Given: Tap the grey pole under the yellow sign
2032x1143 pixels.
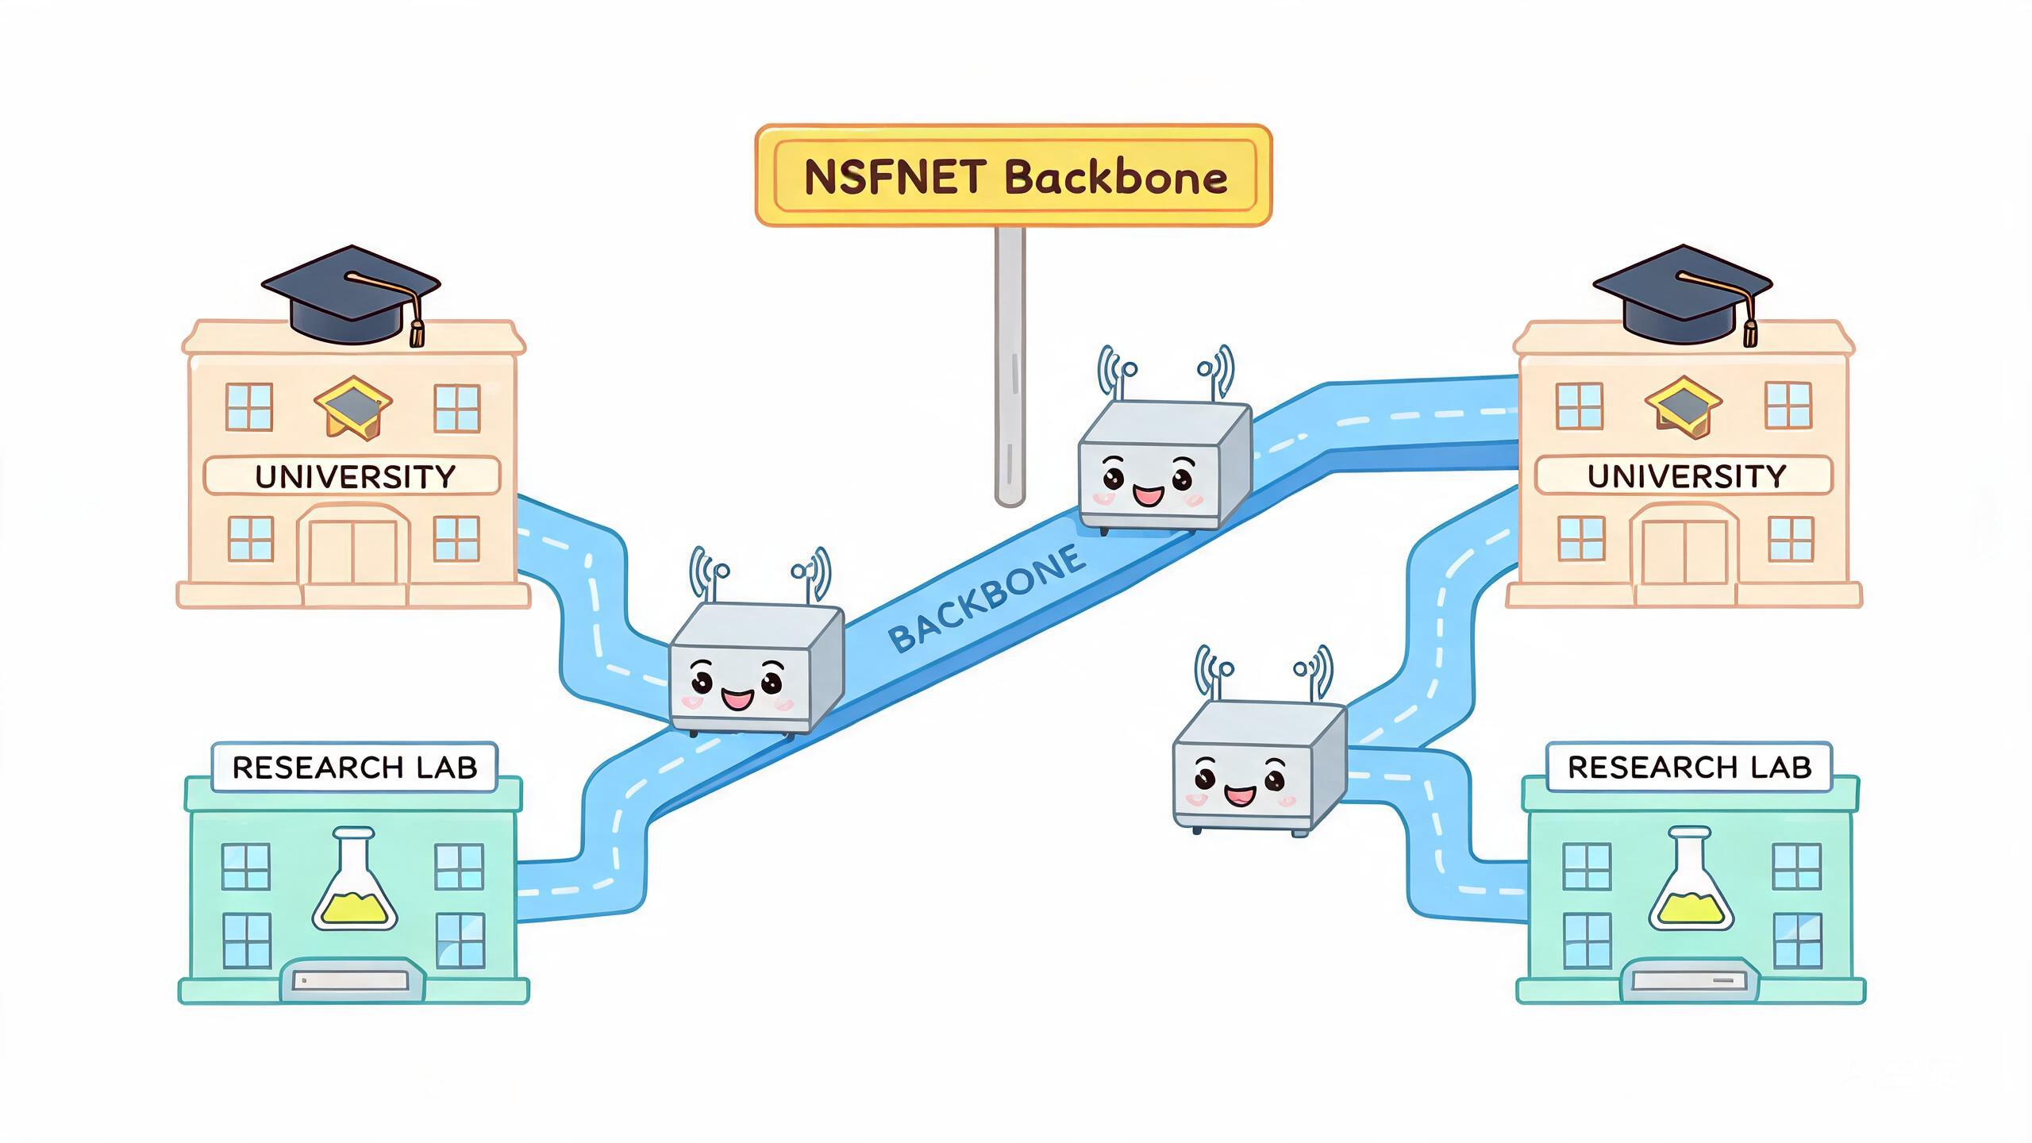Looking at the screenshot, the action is (1010, 365).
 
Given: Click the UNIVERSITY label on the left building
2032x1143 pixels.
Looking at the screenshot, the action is (355, 476).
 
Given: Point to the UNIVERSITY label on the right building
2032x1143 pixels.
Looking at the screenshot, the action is (1687, 475).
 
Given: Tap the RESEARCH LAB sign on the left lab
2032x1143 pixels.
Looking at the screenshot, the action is (355, 768).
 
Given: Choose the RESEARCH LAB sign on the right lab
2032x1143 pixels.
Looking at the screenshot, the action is (1690, 768).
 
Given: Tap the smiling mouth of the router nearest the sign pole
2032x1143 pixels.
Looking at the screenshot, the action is (1148, 497).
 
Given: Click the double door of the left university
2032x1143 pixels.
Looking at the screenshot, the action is (352, 552).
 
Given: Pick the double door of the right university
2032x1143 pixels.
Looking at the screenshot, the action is (1684, 552).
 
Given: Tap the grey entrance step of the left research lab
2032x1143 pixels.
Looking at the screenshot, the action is (353, 982).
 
